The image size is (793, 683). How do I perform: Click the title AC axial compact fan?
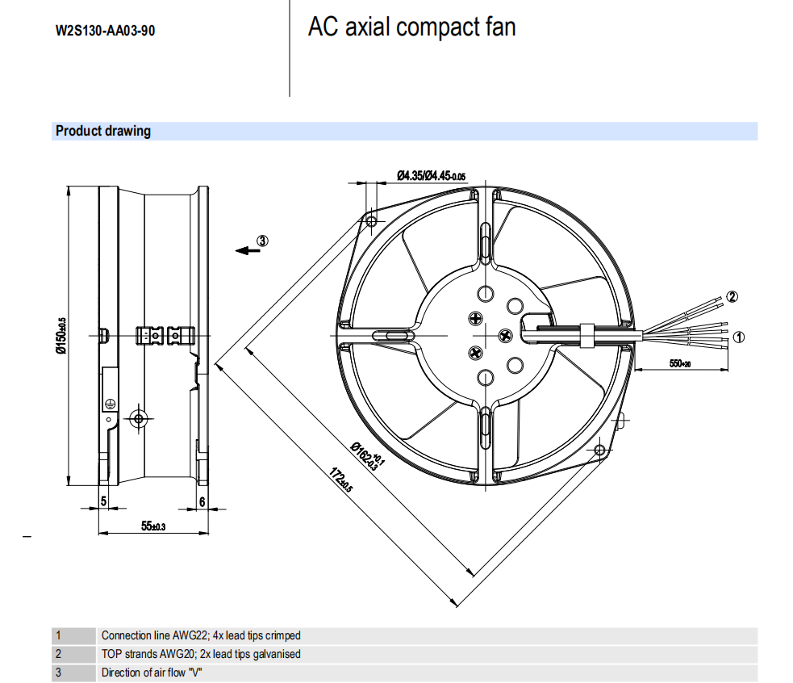click(411, 27)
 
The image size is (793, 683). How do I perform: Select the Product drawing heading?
click(103, 131)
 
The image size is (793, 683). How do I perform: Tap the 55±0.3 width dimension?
click(152, 526)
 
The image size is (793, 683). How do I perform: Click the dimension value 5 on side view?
click(103, 501)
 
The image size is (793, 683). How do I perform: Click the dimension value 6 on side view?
click(202, 501)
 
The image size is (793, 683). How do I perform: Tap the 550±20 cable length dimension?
click(680, 363)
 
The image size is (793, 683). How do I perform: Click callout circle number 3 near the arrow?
click(262, 241)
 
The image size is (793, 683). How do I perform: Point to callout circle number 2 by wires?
click(732, 296)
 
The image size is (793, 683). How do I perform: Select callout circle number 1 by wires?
click(738, 337)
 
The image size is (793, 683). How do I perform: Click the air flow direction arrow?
click(246, 250)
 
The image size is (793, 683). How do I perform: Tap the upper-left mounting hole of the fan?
click(372, 220)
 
